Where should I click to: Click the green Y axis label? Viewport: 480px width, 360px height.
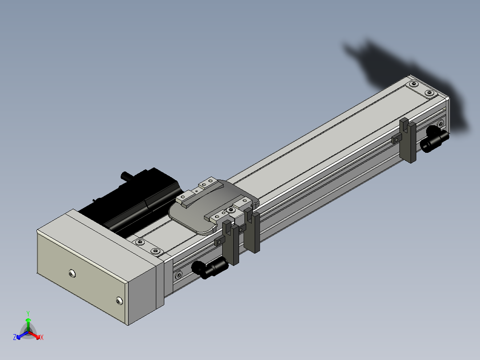tap(28, 313)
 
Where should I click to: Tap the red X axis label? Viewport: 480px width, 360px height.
tap(42, 337)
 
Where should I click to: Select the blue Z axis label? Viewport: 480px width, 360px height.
tap(15, 337)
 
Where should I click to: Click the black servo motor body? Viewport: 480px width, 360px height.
tap(132, 199)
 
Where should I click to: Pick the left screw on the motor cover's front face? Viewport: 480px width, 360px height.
tap(72, 274)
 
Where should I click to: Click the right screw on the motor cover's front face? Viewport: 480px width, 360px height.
tap(119, 301)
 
